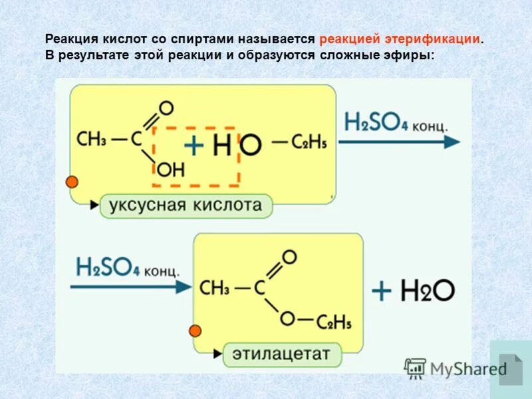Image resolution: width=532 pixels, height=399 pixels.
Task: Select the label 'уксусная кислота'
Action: (186, 205)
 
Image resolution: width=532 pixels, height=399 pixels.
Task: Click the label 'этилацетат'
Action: (281, 353)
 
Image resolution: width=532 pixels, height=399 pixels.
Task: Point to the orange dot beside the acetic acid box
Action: (72, 182)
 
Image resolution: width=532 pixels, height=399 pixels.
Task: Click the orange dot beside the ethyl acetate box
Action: (196, 331)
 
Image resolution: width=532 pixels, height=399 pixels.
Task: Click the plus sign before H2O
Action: (382, 291)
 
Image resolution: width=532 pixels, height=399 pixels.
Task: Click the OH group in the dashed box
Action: (169, 170)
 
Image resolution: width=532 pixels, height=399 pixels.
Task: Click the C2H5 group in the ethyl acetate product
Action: (334, 323)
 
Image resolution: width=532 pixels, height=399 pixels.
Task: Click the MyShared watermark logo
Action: (456, 368)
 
